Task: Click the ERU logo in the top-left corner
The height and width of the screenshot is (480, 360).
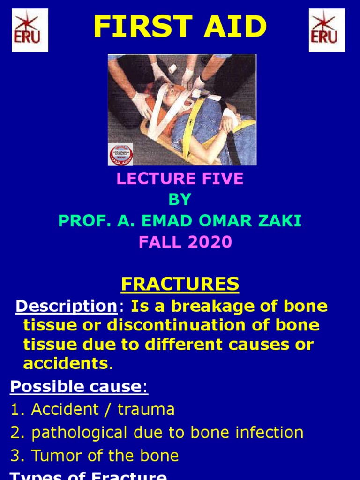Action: click(x=30, y=30)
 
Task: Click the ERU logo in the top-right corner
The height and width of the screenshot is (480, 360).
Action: click(x=327, y=30)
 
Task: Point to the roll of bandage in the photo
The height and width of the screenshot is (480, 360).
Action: click(x=172, y=68)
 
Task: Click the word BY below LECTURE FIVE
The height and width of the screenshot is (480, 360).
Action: click(x=180, y=200)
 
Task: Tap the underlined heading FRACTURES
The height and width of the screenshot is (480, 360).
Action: click(x=180, y=284)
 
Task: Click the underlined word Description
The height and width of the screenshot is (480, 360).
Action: click(x=66, y=306)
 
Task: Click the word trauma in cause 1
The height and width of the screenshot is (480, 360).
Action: click(x=146, y=409)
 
